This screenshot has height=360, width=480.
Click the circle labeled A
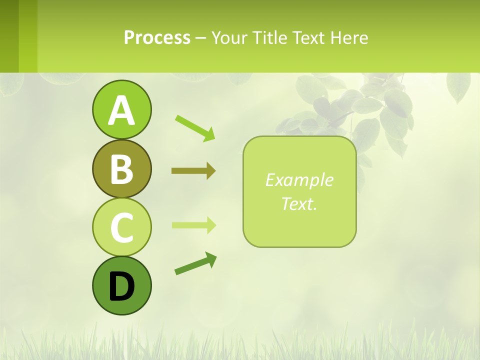(x=121, y=109)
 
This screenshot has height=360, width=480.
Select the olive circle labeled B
(x=121, y=168)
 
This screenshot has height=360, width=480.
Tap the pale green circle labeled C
(x=121, y=227)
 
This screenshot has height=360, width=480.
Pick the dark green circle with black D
(x=121, y=285)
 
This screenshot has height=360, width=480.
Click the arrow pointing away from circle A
(x=195, y=127)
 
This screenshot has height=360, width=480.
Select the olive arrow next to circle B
(x=193, y=171)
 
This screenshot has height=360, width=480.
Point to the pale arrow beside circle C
(x=193, y=225)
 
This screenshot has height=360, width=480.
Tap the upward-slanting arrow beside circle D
(x=195, y=263)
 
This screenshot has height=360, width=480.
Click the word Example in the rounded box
(x=299, y=180)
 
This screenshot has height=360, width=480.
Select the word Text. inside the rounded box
(x=299, y=203)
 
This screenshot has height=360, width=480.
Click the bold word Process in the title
(x=157, y=38)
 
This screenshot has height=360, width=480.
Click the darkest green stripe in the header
(x=9, y=36)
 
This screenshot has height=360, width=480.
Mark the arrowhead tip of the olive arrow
(x=215, y=171)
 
